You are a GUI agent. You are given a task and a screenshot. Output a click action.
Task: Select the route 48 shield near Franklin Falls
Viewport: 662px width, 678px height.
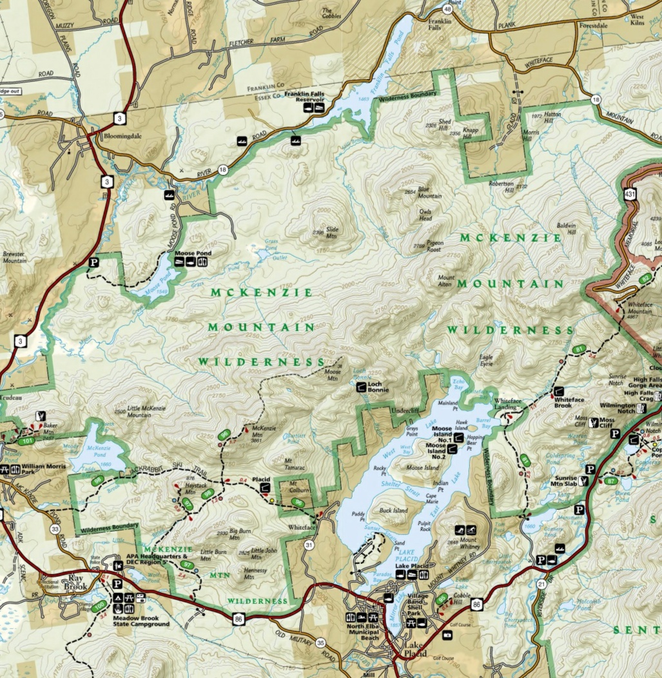click(448, 10)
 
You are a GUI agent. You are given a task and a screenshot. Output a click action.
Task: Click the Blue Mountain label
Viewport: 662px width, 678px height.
click(429, 193)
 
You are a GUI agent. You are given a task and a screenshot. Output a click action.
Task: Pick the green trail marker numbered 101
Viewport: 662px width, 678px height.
click(26, 441)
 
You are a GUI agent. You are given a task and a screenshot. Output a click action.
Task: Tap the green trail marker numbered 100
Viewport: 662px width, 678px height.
click(99, 606)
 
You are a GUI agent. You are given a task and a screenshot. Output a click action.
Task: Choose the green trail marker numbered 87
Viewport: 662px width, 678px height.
click(611, 481)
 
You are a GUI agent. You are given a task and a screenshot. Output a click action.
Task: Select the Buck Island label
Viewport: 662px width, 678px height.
click(393, 510)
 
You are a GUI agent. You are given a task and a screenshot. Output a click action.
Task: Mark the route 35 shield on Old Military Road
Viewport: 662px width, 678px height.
click(321, 643)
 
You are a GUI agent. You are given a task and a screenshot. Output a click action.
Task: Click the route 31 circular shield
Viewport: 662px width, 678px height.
click(309, 546)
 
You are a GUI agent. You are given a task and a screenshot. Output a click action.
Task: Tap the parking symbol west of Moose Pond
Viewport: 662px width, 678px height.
click(94, 263)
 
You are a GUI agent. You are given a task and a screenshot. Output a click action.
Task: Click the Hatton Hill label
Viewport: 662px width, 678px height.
click(553, 119)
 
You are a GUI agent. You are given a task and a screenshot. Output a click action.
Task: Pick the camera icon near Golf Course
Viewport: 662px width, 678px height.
click(447, 635)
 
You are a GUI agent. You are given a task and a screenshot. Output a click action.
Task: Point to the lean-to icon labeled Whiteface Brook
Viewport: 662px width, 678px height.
click(559, 391)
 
